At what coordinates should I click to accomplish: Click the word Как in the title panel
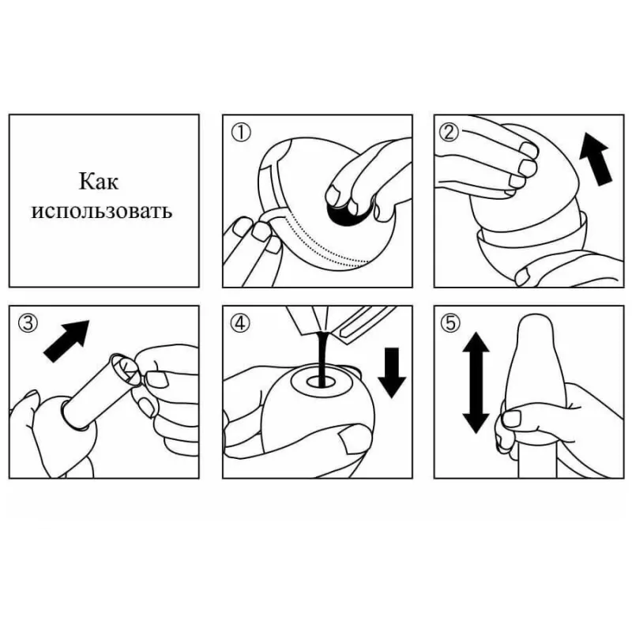point(98,181)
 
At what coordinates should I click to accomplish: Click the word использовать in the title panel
point(102,211)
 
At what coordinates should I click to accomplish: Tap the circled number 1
point(241,133)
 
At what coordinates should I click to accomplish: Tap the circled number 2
point(449,132)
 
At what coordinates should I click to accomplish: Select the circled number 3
point(28,323)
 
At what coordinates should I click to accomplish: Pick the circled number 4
point(241,323)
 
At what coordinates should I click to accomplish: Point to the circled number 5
point(450,323)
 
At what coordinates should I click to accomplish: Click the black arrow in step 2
point(596,160)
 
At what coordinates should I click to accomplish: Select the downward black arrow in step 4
point(392,371)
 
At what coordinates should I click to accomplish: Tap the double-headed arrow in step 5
point(476,382)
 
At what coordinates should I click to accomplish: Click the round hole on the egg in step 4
point(322,382)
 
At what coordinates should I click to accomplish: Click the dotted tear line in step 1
point(322,242)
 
